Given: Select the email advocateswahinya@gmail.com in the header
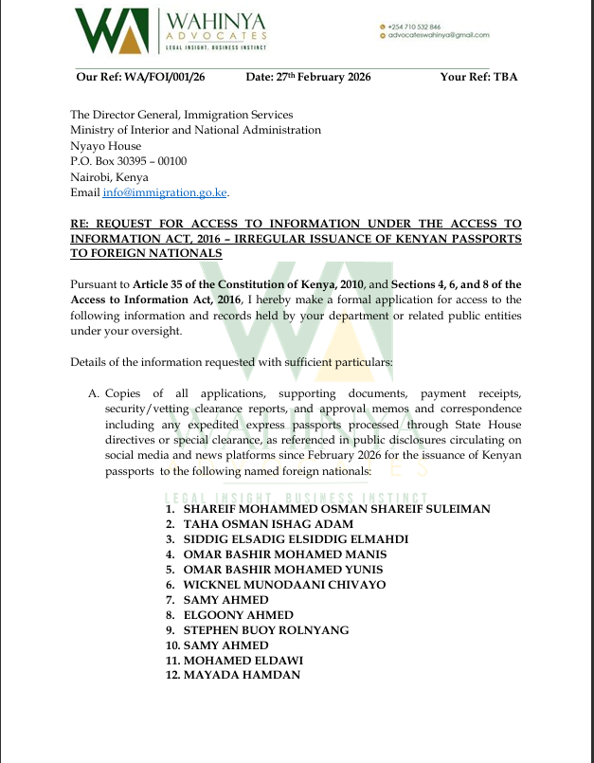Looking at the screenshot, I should [x=438, y=35].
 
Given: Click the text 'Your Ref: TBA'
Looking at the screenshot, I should [x=478, y=77].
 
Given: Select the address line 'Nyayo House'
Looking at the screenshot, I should [x=105, y=146].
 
